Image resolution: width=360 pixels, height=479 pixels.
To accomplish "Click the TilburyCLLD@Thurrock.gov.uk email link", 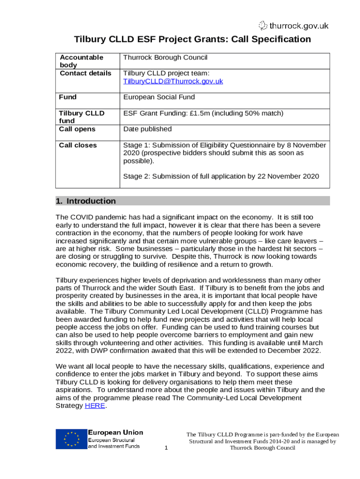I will tap(173, 81).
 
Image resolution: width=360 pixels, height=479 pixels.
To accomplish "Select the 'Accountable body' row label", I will tap(81, 61).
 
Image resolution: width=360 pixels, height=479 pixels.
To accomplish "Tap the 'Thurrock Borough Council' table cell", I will tap(165, 58).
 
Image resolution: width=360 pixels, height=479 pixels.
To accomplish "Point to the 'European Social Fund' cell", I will tap(158, 97).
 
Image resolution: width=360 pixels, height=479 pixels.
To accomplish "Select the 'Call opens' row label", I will tap(77, 129).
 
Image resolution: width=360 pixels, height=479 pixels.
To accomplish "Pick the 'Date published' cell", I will tap(147, 129).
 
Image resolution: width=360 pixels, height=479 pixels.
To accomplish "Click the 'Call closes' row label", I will tap(78, 145).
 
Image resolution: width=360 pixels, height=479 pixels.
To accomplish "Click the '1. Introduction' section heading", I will tap(86, 201).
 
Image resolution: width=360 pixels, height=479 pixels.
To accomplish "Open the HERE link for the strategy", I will tap(95, 406).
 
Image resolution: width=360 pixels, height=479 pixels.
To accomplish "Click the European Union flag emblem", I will tap(71, 439).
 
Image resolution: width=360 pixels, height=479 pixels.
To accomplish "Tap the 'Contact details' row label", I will tap(85, 73).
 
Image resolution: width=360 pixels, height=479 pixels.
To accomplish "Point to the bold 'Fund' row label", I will tap(68, 97).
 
